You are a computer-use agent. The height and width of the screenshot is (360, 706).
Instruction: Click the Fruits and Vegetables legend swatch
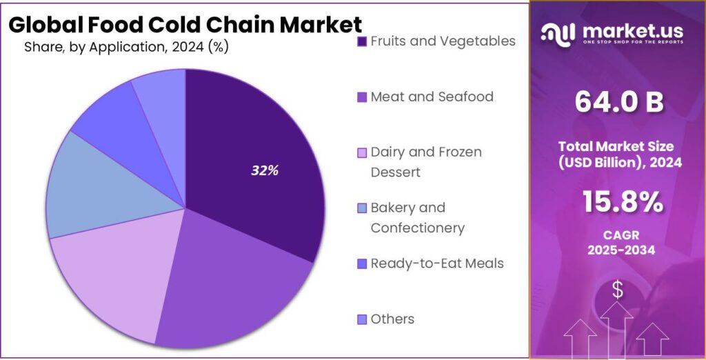pos(362,42)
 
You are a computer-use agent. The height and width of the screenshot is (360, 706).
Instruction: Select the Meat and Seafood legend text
pos(432,97)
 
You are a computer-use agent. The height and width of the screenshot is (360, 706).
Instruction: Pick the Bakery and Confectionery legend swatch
pos(362,208)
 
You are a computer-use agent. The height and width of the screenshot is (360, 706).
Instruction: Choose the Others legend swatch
pos(362,319)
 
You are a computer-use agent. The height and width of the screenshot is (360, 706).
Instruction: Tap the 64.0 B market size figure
pos(618,102)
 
